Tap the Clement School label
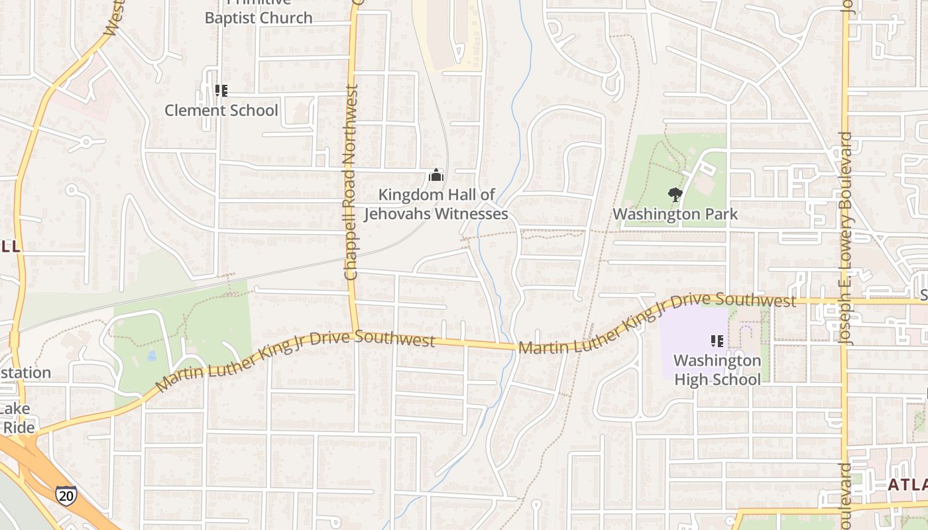click(221, 110)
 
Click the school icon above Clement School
click(221, 91)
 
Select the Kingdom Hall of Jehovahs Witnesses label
click(436, 205)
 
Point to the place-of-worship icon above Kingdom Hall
click(435, 176)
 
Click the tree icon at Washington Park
click(675, 195)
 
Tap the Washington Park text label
click(675, 214)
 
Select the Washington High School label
click(717, 370)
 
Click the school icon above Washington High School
click(717, 341)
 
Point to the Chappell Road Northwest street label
click(351, 182)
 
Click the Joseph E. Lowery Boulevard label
click(846, 238)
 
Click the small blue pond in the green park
click(152, 356)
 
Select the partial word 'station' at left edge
click(25, 372)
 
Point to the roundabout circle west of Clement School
click(86, 141)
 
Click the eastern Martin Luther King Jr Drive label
click(656, 322)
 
